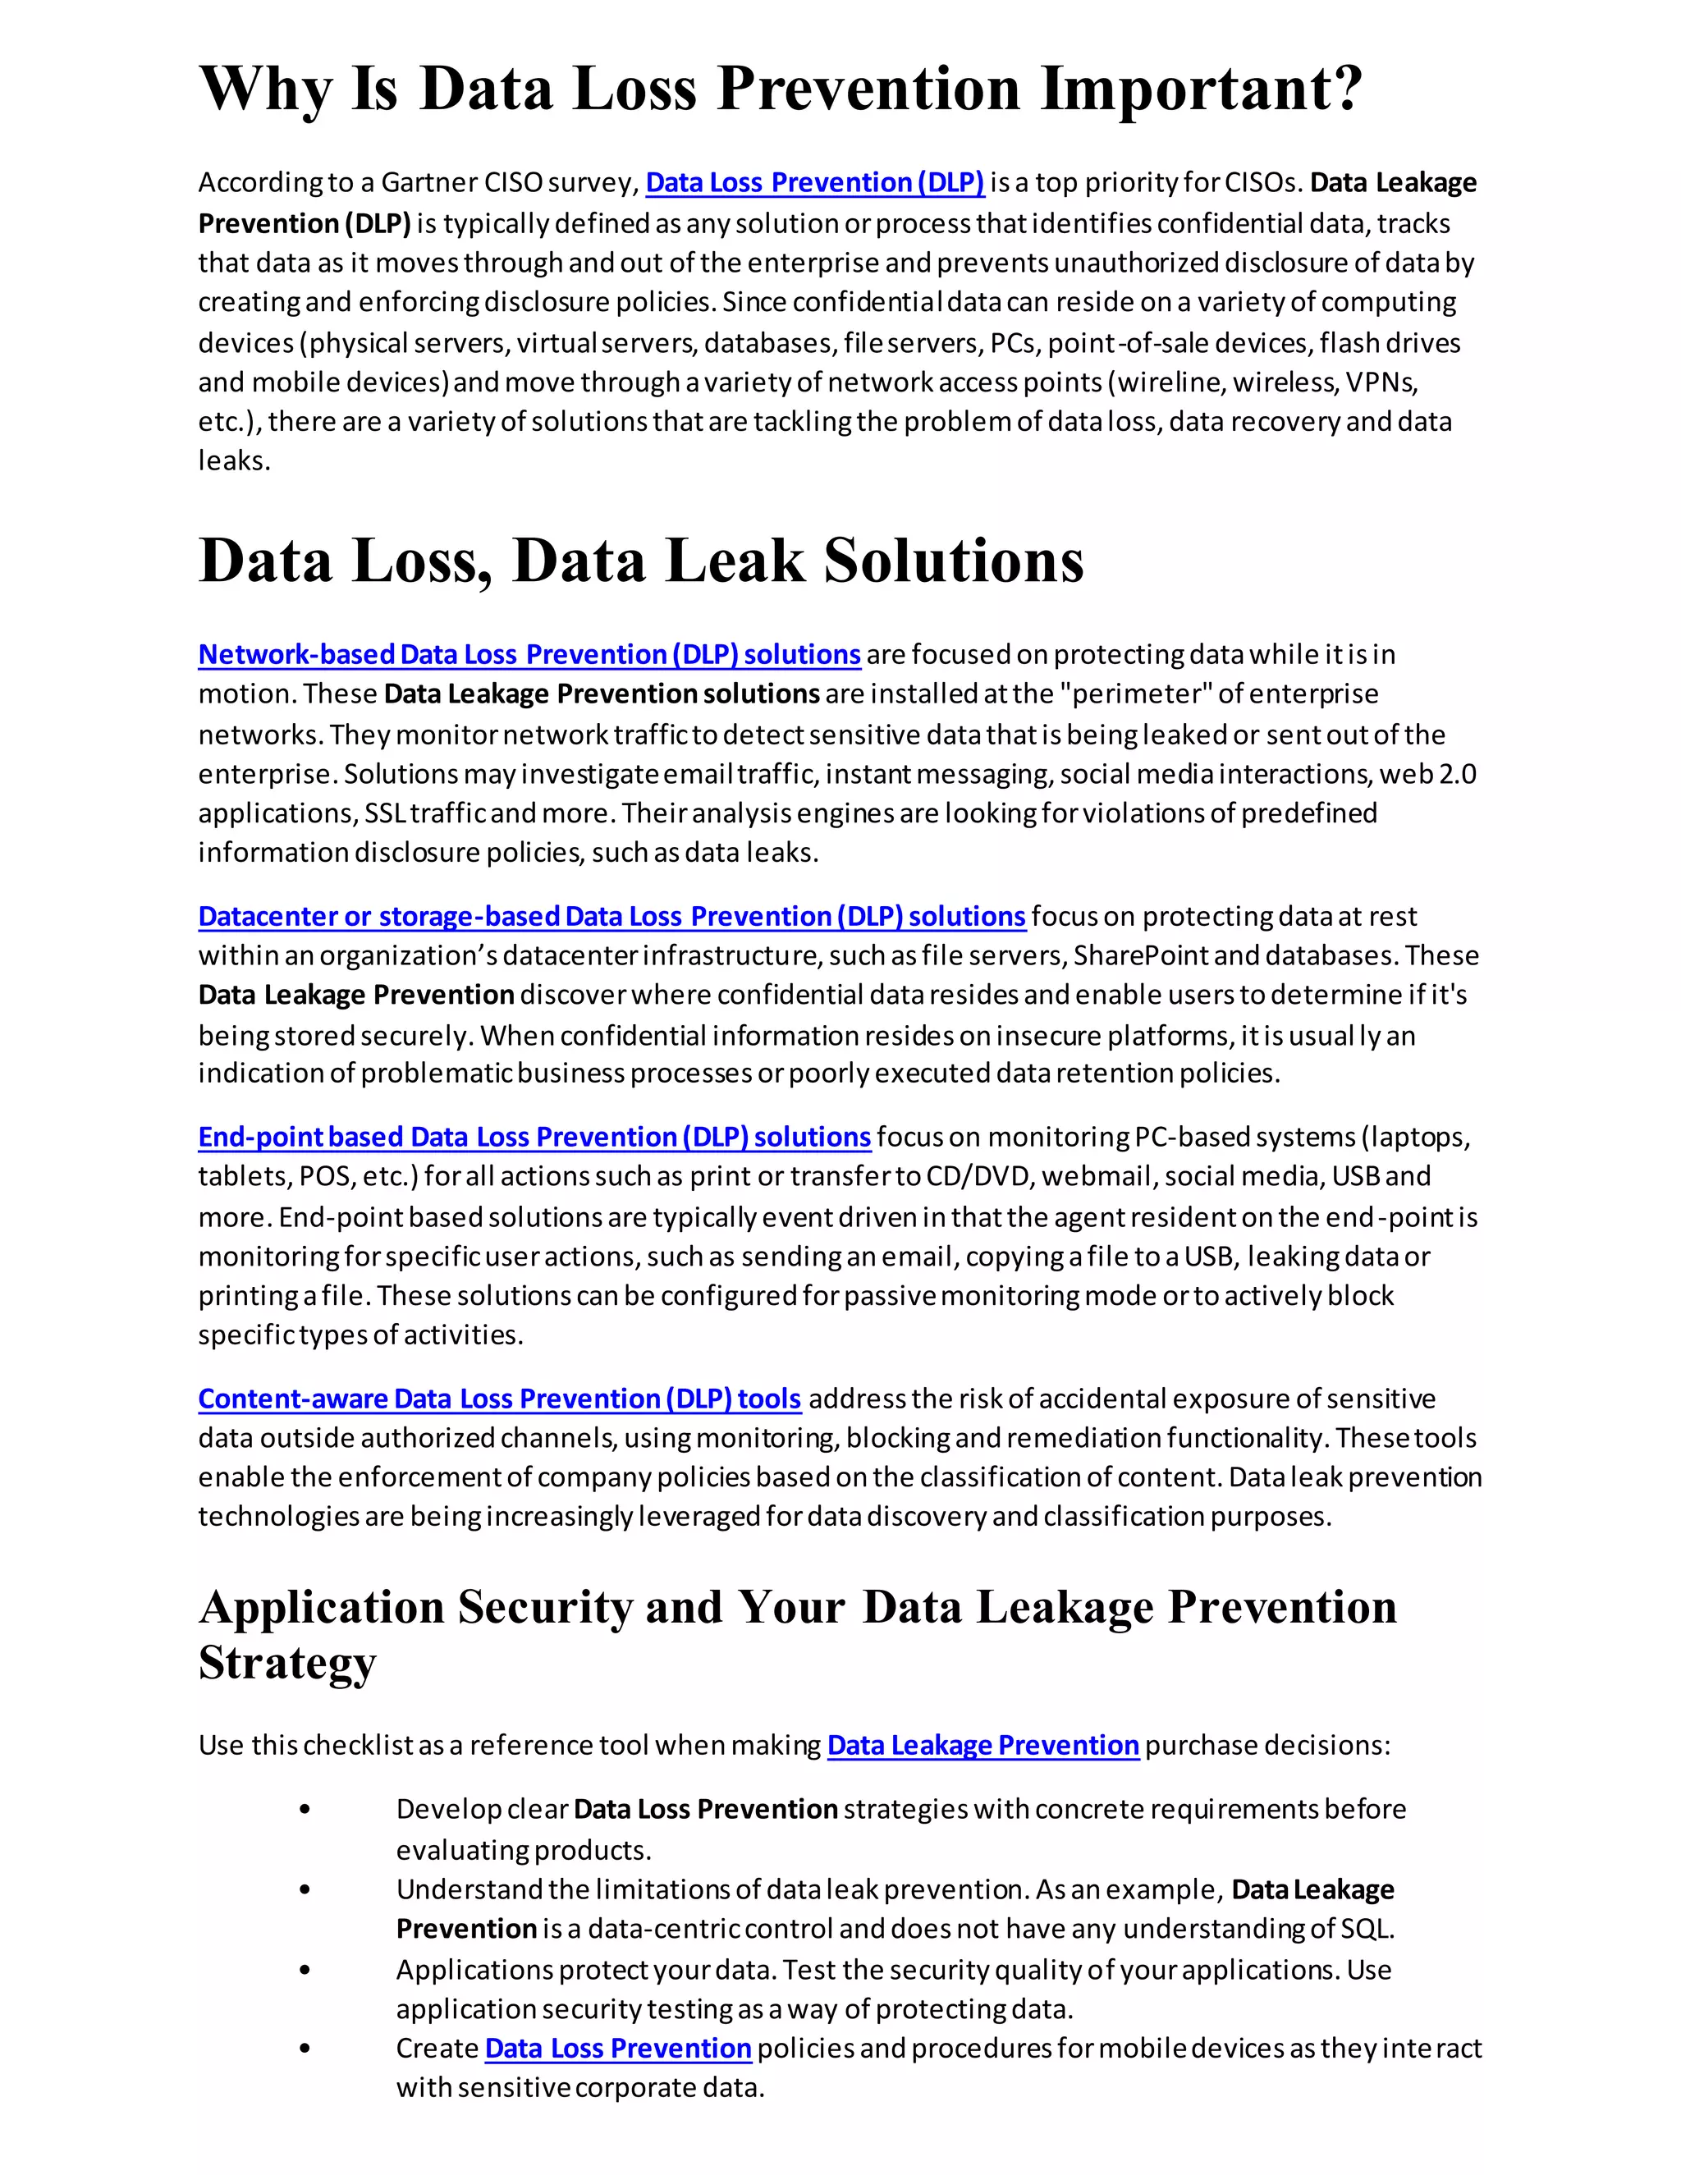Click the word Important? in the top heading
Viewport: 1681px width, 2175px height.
click(1201, 89)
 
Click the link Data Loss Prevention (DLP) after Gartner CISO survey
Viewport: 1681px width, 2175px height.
click(814, 182)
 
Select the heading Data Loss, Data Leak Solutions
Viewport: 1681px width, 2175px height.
click(640, 561)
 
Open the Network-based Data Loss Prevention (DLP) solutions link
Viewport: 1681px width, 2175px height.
click(529, 654)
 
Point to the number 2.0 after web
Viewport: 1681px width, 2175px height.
click(1457, 774)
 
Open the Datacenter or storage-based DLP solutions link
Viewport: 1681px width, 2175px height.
click(611, 916)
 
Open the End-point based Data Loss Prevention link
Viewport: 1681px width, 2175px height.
click(534, 1138)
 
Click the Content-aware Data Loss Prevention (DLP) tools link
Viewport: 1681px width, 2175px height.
click(499, 1399)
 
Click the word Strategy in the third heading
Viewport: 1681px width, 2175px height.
click(288, 1662)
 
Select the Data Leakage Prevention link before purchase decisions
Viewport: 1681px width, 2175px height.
click(982, 1746)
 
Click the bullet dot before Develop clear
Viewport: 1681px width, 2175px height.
click(305, 1810)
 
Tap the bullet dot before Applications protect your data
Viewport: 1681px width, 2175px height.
click(305, 1970)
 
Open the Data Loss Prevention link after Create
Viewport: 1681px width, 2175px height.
click(617, 2049)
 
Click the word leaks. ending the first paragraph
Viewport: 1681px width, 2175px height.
click(234, 461)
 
